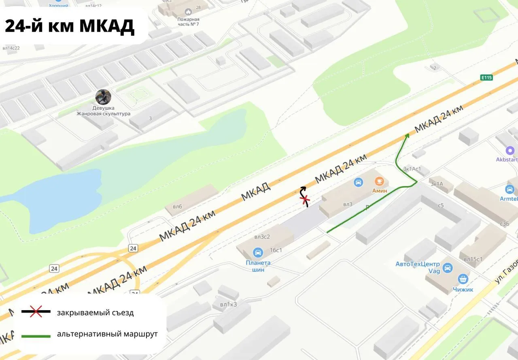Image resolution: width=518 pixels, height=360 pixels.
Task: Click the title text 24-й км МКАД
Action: [69, 26]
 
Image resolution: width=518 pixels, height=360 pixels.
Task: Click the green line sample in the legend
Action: [36, 336]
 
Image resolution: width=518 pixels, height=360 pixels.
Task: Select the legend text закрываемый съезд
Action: [95, 313]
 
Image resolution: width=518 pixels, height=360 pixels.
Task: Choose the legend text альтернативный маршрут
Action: [107, 334]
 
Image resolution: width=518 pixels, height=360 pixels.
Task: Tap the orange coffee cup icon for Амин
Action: [379, 181]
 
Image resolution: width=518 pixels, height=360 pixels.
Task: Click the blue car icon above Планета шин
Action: [258, 253]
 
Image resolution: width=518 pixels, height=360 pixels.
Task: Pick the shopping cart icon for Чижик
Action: [463, 279]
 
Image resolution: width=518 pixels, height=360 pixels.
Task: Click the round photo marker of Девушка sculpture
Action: [103, 97]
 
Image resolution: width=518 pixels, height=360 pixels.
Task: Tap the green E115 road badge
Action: [487, 77]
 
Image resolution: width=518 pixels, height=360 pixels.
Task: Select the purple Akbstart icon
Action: [510, 151]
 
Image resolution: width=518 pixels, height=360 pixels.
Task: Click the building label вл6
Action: [177, 207]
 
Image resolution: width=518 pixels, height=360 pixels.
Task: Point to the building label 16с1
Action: [276, 250]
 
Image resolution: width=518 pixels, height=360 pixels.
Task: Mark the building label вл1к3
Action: [228, 305]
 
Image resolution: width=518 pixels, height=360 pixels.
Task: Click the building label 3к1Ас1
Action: [412, 169]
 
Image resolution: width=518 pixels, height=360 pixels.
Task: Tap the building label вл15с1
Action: [473, 259]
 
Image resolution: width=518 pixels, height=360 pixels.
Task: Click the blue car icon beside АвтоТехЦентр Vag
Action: [447, 268]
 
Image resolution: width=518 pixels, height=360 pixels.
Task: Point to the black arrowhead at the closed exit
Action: [303, 188]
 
